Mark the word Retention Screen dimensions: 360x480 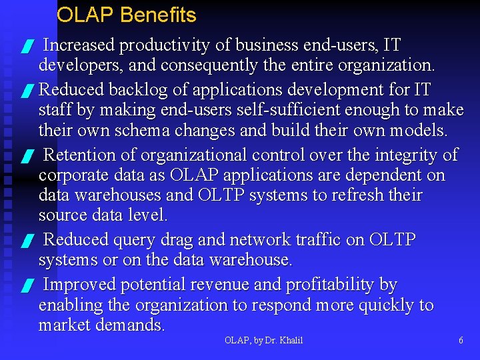tap(80, 155)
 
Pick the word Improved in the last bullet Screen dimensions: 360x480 tap(79, 285)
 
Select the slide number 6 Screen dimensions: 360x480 tap(461, 341)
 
